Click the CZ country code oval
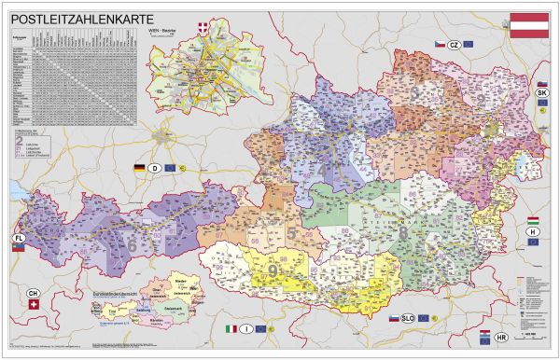pos(454,44)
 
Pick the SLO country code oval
pos(407,318)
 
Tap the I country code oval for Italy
pos(245,328)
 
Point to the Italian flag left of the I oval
pos(231,328)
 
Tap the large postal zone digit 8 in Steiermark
pos(403,224)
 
